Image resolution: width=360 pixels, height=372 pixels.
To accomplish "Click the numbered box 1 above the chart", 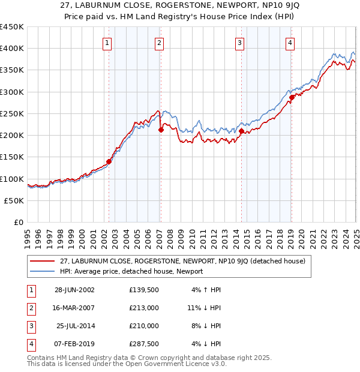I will point(107,43).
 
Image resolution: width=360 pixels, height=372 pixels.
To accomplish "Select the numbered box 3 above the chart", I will point(239,43).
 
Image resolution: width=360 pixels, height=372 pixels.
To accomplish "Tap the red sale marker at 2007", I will point(161,130).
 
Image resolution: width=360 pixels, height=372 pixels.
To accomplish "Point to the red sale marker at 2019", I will point(292,97).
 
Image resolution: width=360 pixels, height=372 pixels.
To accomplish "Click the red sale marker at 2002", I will point(109,161).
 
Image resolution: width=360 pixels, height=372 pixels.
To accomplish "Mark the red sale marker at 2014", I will point(241,131).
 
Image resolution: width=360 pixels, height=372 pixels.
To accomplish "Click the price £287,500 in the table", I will point(143,344).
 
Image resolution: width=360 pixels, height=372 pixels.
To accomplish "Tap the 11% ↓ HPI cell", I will point(204,308).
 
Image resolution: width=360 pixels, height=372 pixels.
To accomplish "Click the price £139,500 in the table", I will point(143,290).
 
